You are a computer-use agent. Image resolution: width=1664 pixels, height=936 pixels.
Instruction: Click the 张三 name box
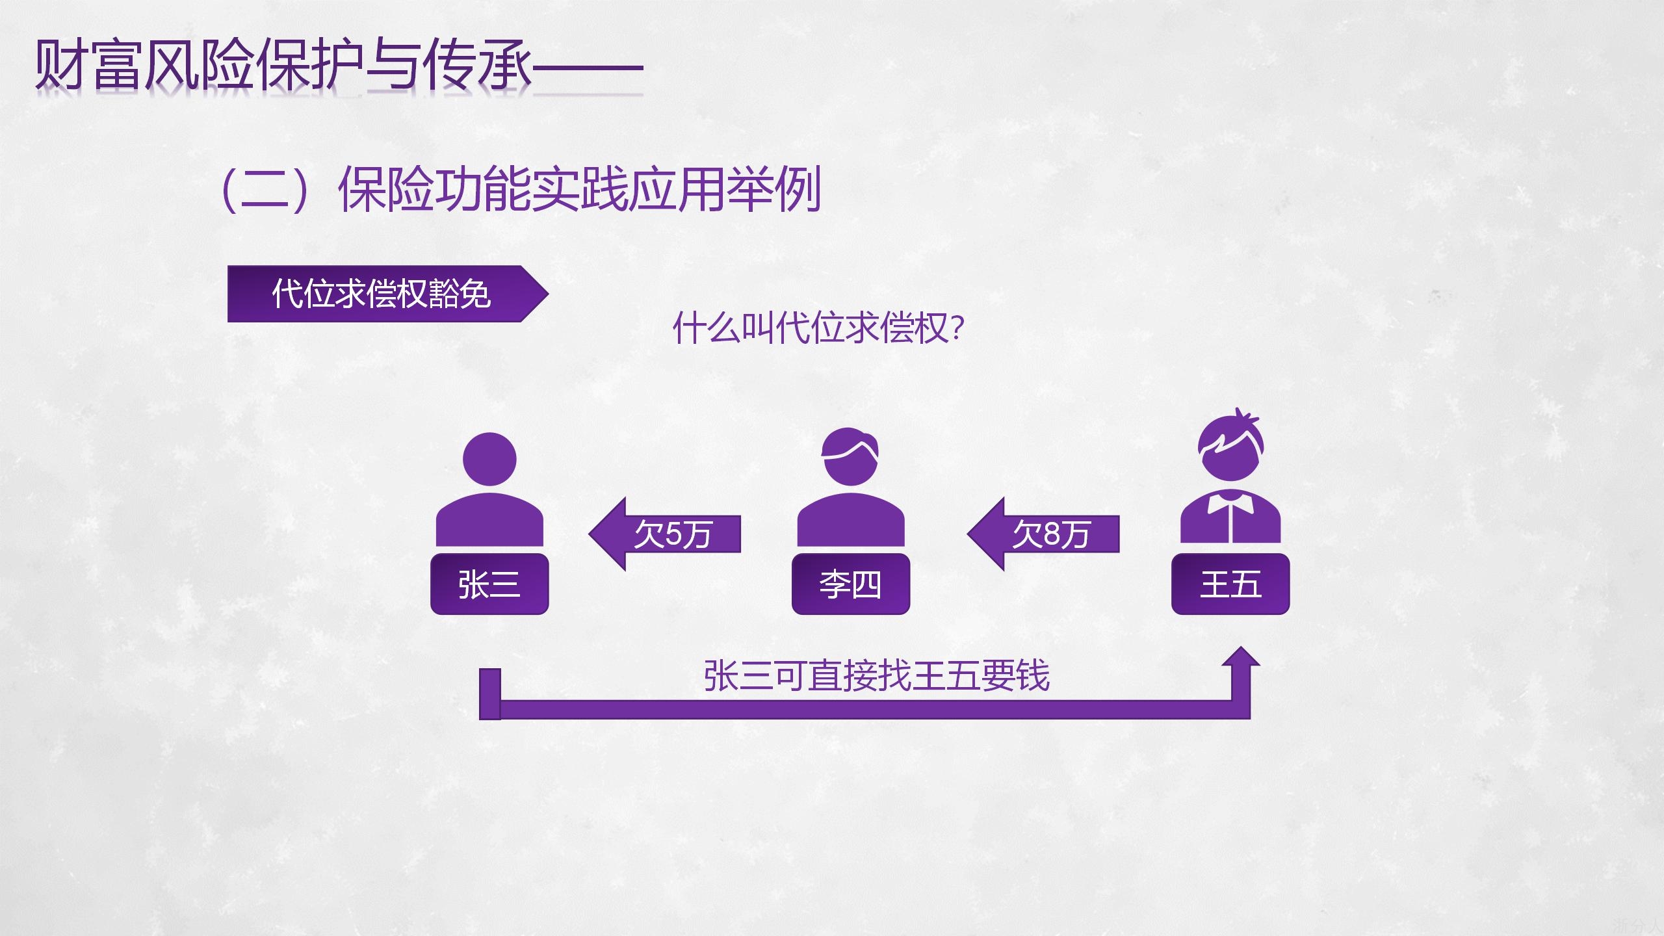(x=489, y=584)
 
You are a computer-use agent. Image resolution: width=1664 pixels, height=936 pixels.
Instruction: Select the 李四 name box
(x=850, y=584)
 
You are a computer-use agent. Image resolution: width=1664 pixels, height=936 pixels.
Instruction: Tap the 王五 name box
(x=1230, y=584)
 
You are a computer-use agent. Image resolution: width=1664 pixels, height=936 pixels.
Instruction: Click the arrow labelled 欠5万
(x=665, y=534)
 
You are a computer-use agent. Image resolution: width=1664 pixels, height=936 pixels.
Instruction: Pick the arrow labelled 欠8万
(x=1044, y=534)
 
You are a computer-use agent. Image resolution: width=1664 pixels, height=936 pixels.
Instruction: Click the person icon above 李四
(x=850, y=487)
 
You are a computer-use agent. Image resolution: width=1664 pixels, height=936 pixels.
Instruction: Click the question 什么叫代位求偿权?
(x=818, y=328)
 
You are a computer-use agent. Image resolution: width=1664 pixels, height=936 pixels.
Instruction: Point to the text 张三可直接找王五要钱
(x=876, y=676)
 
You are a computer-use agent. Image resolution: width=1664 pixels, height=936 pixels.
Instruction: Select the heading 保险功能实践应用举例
(x=578, y=190)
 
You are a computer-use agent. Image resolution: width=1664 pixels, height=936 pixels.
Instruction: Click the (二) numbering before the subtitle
(x=263, y=190)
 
